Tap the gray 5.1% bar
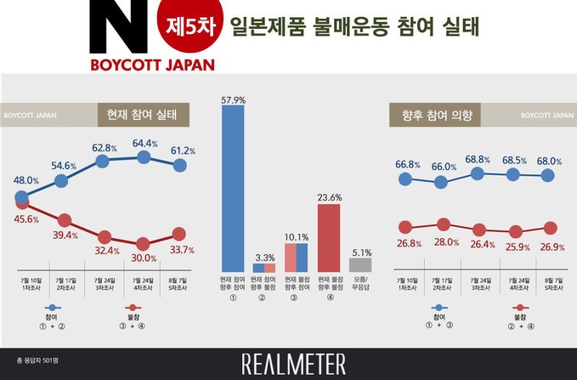(360, 264)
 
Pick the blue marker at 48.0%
(21, 197)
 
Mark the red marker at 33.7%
(179, 233)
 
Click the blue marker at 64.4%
(143, 157)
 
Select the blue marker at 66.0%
(441, 181)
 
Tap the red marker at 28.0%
(442, 224)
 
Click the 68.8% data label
(478, 159)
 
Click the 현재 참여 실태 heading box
(142, 114)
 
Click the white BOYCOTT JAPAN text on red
(152, 64)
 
